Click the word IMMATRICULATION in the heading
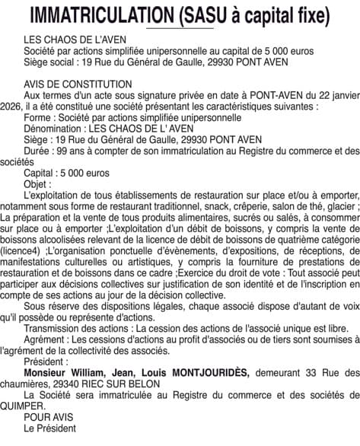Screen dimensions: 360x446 click(x=102, y=14)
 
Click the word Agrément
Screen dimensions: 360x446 click(x=46, y=339)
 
